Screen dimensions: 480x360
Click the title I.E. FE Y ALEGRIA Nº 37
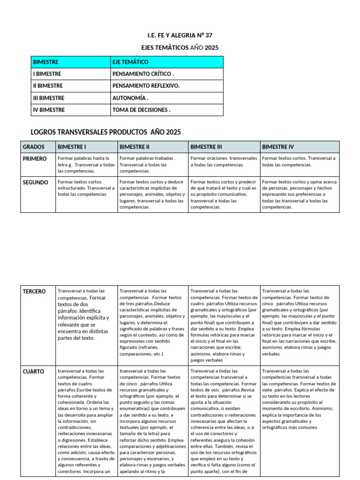click(180, 36)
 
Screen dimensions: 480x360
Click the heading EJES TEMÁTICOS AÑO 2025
click(180, 48)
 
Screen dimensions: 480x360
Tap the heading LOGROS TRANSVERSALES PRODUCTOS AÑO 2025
click(105, 132)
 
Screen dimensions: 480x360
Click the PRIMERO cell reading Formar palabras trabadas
click(152, 165)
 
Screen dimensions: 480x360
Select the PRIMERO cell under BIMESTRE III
click(224, 162)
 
